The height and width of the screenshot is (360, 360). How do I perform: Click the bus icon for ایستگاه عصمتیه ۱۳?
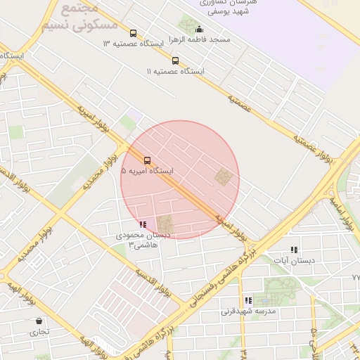(x=133, y=33)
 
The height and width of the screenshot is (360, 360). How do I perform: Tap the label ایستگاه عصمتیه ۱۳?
(x=133, y=44)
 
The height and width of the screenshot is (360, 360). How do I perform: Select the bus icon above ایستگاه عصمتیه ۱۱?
(x=175, y=60)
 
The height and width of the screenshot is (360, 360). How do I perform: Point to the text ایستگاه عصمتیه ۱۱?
(x=175, y=72)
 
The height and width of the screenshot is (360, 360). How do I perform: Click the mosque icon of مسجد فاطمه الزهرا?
(x=199, y=30)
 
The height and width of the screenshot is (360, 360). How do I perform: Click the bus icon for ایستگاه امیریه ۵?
(x=147, y=160)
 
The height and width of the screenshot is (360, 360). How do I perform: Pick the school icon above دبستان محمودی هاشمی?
(x=143, y=224)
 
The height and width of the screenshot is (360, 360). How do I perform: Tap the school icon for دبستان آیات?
(x=294, y=250)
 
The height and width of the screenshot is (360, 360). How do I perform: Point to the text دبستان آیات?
(x=294, y=260)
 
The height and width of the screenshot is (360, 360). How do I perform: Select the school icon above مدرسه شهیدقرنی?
(x=248, y=300)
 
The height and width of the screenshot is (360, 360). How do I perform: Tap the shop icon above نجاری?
(x=38, y=321)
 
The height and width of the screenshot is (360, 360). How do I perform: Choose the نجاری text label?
(x=38, y=331)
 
